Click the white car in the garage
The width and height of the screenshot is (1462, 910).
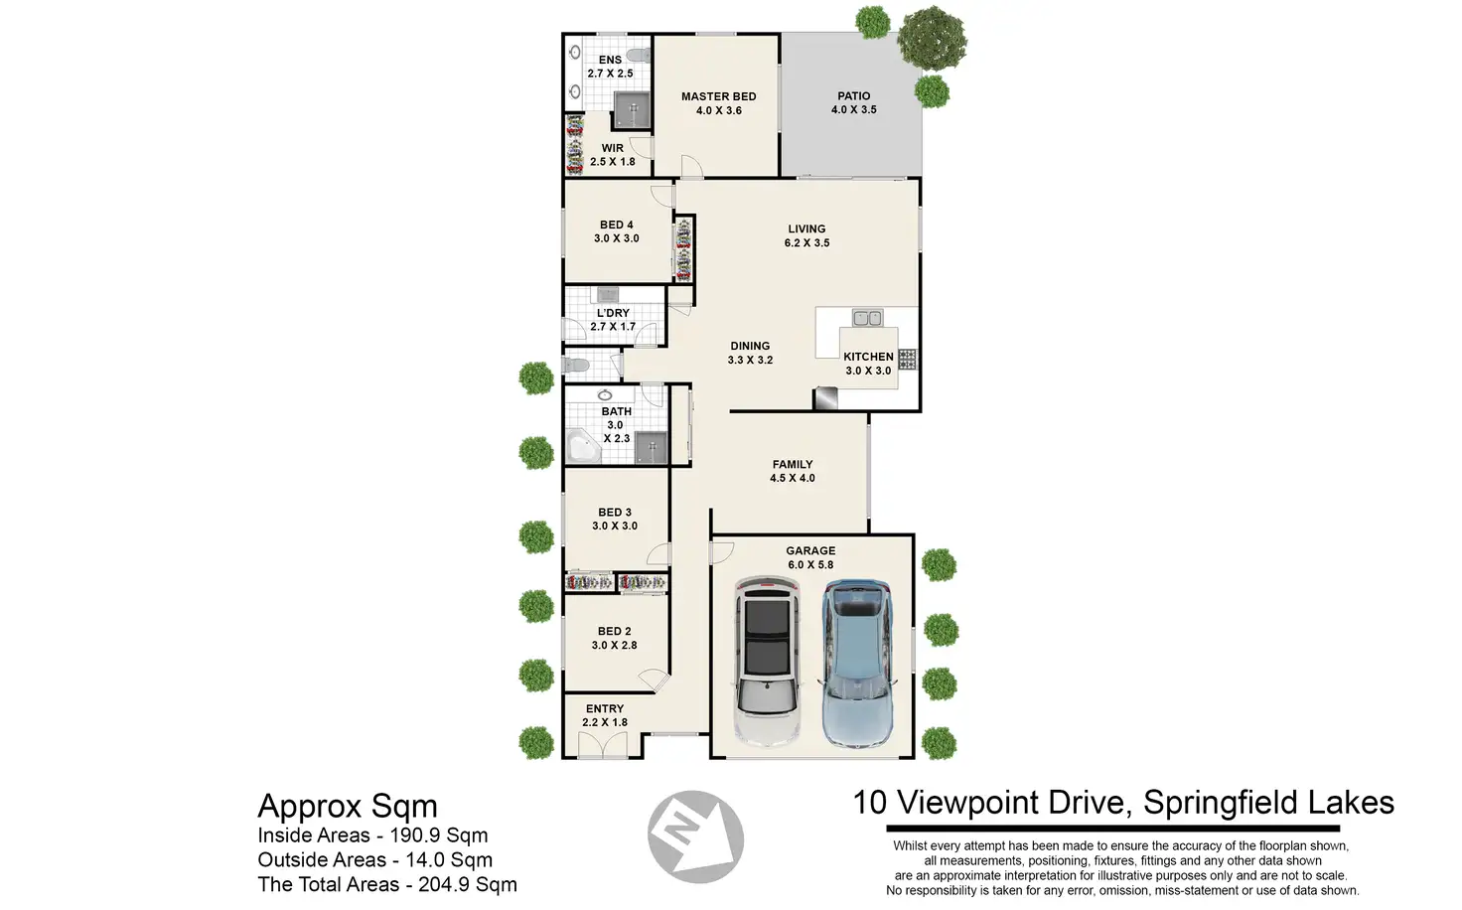(767, 661)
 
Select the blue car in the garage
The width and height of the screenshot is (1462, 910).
(857, 663)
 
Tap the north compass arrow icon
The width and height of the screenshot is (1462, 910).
(696, 836)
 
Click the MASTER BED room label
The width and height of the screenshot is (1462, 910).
(719, 96)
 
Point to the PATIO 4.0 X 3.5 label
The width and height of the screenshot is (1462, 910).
(854, 103)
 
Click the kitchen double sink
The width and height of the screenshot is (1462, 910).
(867, 318)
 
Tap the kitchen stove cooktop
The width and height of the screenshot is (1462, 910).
(907, 359)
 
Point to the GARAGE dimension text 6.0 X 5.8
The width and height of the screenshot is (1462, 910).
(810, 565)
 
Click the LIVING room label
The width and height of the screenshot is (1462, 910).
(806, 229)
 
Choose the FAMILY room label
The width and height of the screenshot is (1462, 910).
(793, 465)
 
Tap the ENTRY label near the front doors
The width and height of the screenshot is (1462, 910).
(605, 709)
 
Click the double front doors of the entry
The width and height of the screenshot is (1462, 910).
(603, 745)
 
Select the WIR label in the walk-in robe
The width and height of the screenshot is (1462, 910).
(612, 149)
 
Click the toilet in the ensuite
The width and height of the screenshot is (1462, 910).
(638, 56)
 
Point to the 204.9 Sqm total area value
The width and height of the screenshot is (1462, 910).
(468, 884)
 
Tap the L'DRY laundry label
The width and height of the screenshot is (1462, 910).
(613, 313)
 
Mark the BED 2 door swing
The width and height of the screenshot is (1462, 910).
(654, 681)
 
